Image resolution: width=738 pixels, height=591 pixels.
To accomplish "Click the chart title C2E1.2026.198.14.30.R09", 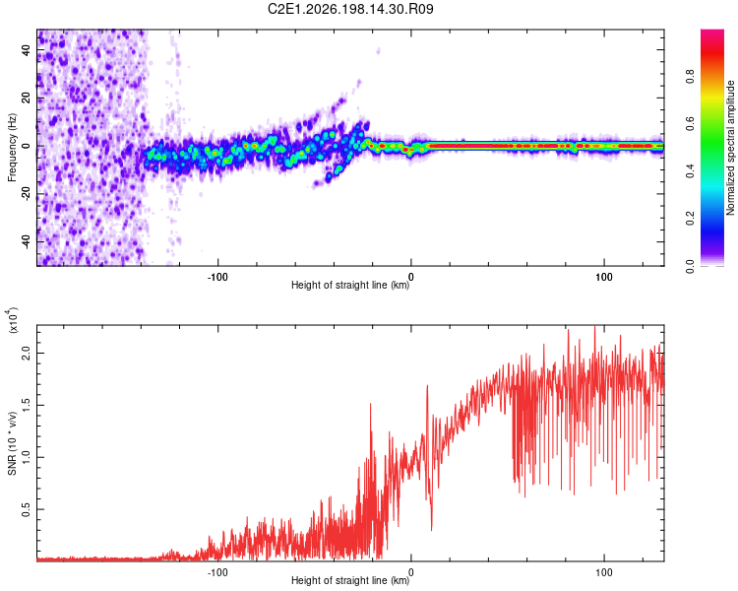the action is (350, 9).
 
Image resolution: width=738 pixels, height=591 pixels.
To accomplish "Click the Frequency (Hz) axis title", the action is (12, 148).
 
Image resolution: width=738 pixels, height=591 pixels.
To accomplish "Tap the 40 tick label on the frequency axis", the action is (26, 50).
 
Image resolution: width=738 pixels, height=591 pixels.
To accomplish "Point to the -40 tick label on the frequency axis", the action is (26, 241).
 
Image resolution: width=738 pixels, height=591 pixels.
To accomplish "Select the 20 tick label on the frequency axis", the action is (26, 98).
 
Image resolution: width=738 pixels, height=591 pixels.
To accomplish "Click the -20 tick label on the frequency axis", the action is (26, 194).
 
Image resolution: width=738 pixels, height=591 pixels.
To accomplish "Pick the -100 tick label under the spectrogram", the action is (217, 277).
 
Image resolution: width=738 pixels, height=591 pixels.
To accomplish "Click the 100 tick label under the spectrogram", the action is (604, 277).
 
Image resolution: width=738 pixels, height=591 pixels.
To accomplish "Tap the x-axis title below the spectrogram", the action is (350, 285).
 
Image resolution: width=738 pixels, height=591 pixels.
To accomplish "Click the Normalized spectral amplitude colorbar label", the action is (730, 148).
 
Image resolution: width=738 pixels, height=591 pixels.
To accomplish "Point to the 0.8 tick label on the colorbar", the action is (690, 77).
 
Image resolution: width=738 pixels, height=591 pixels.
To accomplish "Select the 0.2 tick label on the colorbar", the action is (690, 219).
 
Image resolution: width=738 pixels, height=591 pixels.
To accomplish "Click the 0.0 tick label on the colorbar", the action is (690, 266).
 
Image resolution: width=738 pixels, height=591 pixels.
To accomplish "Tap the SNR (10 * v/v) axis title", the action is (12, 443).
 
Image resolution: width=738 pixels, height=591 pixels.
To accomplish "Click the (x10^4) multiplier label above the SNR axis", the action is (13, 320).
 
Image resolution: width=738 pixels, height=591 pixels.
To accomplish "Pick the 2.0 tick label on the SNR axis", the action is (26, 353).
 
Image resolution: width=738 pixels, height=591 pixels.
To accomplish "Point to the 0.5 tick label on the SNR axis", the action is (26, 509).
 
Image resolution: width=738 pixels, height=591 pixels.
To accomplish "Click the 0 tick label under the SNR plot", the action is (411, 572).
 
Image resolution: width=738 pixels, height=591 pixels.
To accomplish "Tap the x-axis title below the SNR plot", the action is (350, 580).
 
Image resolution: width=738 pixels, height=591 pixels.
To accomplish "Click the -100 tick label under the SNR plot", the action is (217, 572).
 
